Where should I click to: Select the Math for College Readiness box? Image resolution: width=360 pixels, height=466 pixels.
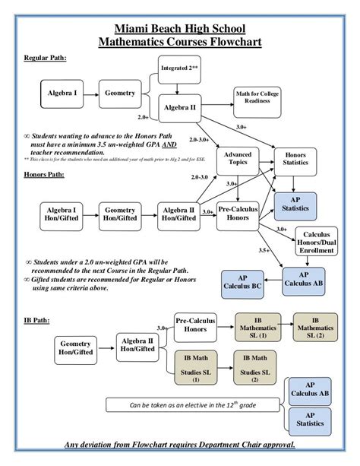click(x=259, y=97)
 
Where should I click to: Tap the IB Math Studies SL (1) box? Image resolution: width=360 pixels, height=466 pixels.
click(x=195, y=367)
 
